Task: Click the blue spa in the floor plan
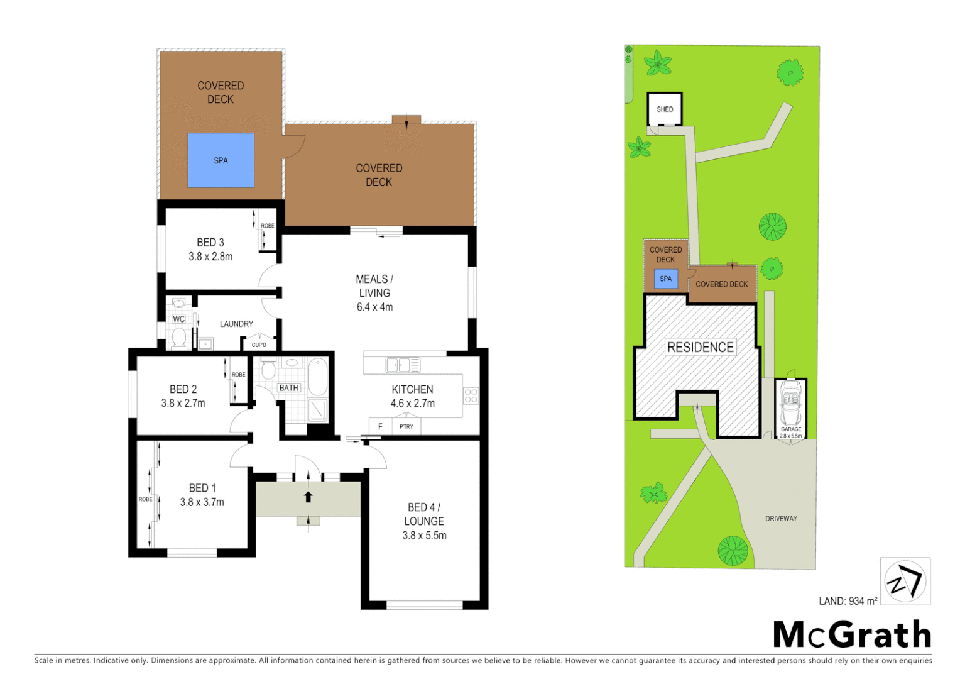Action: (x=221, y=160)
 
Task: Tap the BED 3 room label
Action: (x=210, y=242)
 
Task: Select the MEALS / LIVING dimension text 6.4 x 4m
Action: (x=374, y=307)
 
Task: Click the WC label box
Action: (x=179, y=319)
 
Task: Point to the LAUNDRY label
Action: (x=236, y=324)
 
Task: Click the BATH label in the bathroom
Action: (x=289, y=388)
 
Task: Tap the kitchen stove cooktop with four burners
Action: (x=471, y=396)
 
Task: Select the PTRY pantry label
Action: (x=406, y=427)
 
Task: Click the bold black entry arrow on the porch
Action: (x=308, y=497)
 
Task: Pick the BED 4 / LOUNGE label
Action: (x=424, y=514)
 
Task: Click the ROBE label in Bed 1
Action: (x=145, y=499)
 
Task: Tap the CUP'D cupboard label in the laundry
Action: (x=259, y=345)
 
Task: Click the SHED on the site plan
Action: (x=665, y=109)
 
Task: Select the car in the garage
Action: (x=791, y=404)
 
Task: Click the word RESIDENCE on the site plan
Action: (x=701, y=348)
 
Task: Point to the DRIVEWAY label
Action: (x=781, y=519)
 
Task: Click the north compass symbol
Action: (x=905, y=582)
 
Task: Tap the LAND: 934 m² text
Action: (x=848, y=602)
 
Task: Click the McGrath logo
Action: (x=852, y=634)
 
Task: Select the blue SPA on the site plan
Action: (x=666, y=279)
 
